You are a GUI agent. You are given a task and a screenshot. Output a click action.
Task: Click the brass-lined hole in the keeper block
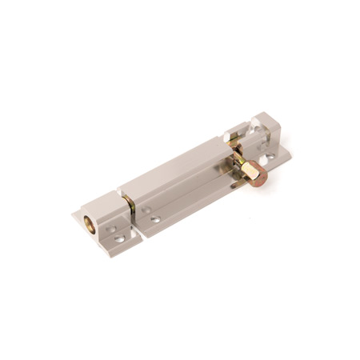(x=89, y=219)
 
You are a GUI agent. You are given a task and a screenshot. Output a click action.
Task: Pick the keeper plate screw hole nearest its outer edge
(x=120, y=238)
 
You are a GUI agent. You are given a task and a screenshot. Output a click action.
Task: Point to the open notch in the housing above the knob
(x=234, y=144)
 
